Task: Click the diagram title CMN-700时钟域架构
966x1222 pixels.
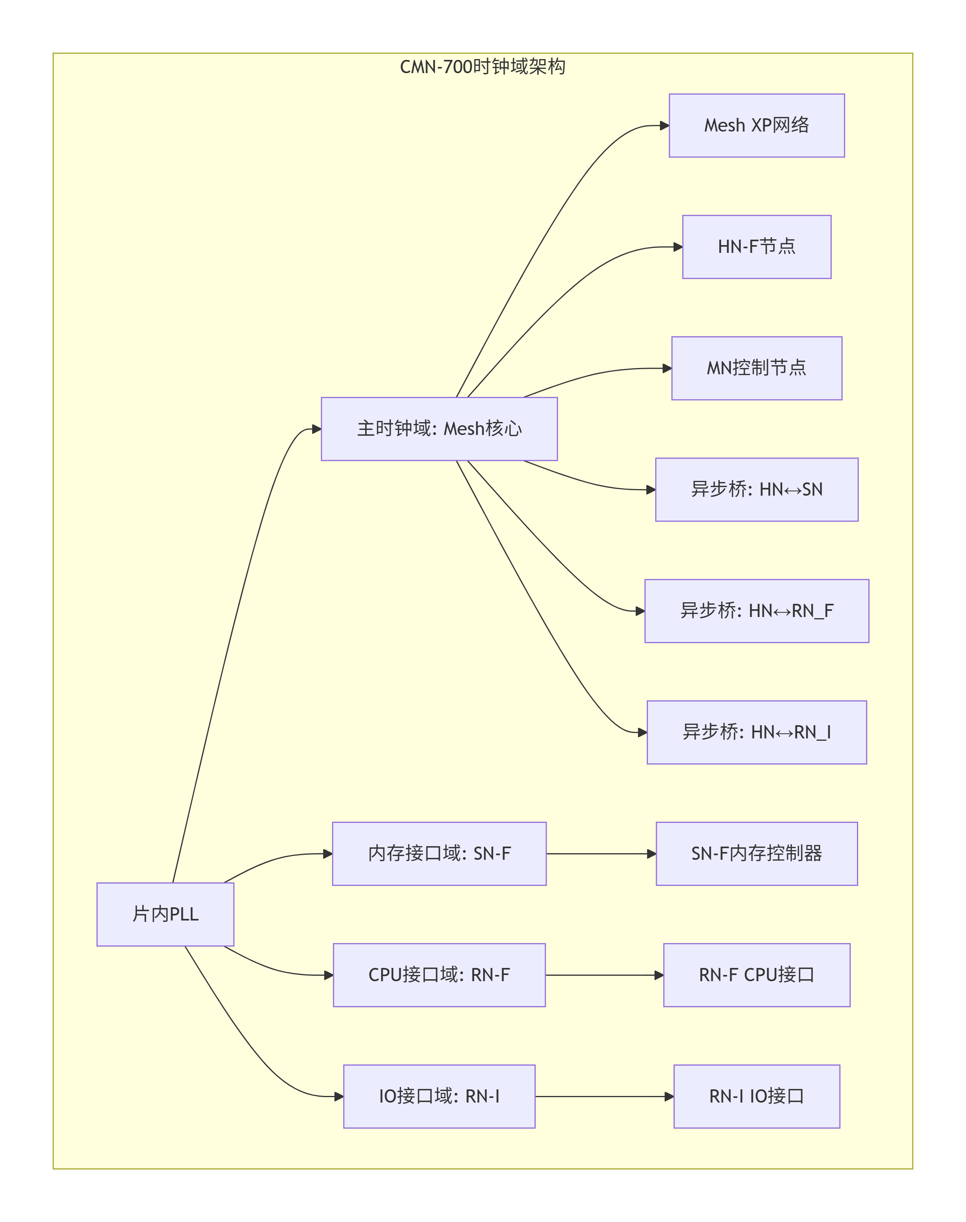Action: point(482,67)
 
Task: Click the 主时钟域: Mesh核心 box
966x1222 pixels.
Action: point(439,429)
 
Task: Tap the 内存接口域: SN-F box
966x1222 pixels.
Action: point(439,854)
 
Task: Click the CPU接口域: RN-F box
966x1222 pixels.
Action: point(439,975)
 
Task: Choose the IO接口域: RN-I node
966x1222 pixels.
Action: point(439,1096)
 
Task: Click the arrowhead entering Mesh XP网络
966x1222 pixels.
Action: point(665,126)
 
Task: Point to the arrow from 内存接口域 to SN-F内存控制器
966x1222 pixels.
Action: point(601,854)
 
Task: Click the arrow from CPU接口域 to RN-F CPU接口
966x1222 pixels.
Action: point(604,975)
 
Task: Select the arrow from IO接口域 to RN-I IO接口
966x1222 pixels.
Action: point(604,1096)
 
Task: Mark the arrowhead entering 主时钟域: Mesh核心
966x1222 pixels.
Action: point(317,430)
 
